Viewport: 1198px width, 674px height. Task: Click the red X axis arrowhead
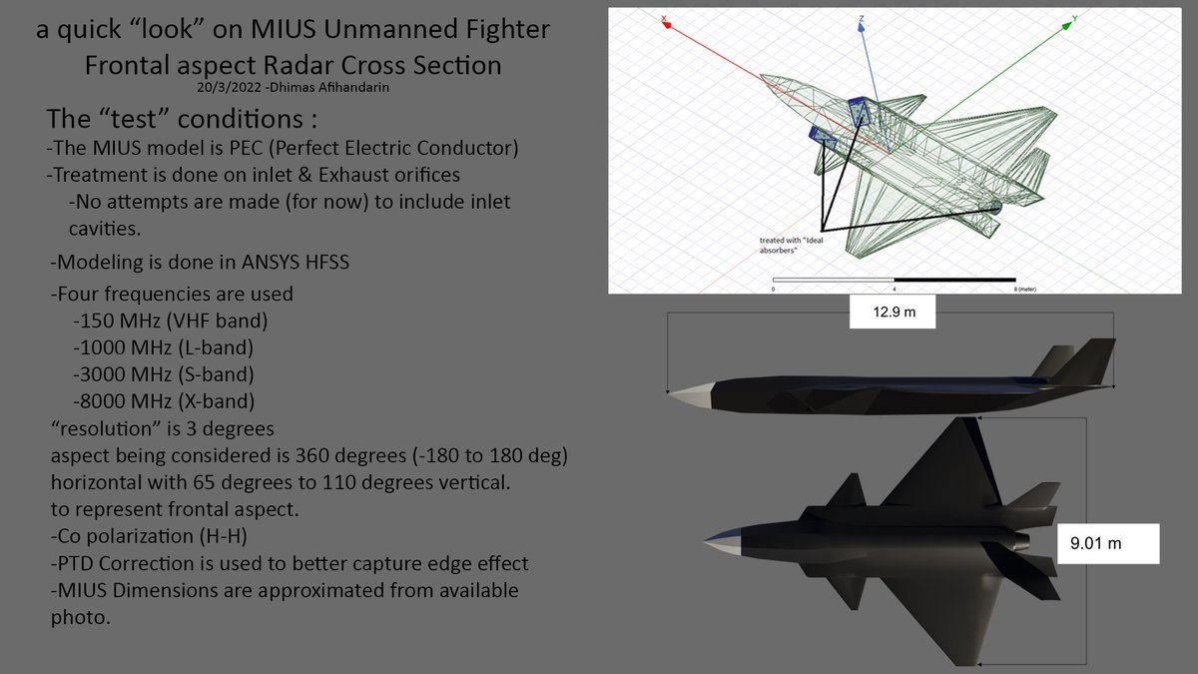coord(665,19)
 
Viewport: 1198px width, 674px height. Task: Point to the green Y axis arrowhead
coord(1070,19)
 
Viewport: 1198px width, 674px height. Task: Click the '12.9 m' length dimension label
coord(895,313)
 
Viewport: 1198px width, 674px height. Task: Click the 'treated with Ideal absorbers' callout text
coord(789,246)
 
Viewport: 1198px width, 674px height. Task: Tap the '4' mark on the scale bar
coord(894,288)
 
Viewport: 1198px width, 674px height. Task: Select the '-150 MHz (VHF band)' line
coord(170,322)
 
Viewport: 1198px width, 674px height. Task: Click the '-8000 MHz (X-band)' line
coord(164,401)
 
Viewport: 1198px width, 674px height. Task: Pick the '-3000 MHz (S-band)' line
coord(163,375)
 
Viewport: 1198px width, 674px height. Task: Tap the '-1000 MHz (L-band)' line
coord(163,348)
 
